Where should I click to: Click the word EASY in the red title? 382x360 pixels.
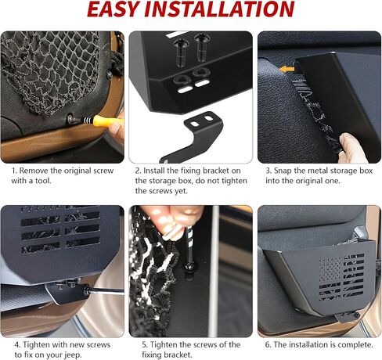pos(113,9)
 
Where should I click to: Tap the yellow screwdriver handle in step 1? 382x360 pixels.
pos(105,121)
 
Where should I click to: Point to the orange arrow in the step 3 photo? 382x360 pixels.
pos(286,69)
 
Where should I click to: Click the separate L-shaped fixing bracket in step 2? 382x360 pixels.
pos(198,135)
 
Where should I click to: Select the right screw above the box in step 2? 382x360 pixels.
pos(200,47)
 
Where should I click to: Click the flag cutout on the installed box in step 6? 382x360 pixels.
pos(341,277)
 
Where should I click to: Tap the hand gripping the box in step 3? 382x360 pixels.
pos(352,148)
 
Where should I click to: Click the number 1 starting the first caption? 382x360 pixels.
pos(13,171)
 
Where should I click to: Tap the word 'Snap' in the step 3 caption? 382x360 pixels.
pos(283,171)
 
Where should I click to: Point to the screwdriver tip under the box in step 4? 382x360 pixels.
pos(88,289)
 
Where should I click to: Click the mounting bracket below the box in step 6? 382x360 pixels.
pos(347,317)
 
